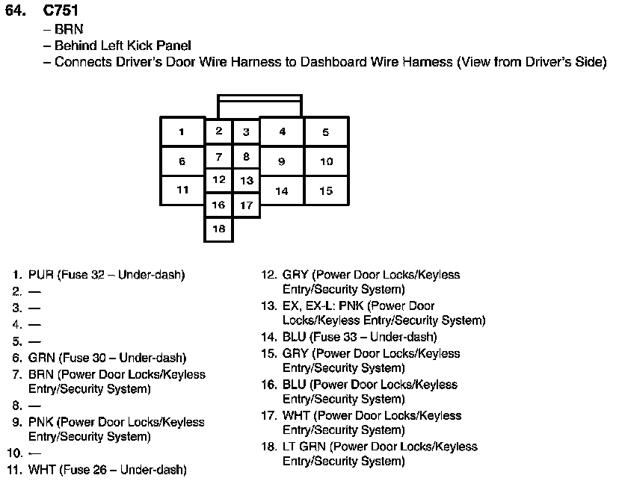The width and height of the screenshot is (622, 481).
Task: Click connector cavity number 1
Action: [182, 132]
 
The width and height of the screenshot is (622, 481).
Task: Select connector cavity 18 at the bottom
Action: [218, 229]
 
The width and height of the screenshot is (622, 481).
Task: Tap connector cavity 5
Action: [326, 132]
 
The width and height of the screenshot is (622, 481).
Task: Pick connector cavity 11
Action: [182, 190]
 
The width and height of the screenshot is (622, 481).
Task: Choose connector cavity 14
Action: [281, 190]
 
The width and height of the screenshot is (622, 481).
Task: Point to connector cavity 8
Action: [246, 157]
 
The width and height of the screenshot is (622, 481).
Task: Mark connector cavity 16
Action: [218, 205]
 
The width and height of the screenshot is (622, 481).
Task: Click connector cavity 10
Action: [326, 161]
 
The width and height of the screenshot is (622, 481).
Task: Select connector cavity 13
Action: [246, 181]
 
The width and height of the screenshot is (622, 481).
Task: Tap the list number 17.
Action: [268, 416]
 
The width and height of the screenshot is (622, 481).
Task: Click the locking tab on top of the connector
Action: [259, 105]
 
